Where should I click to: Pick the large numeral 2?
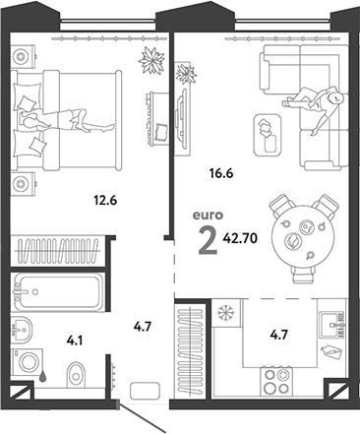click(x=207, y=238)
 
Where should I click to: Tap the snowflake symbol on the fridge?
click(x=224, y=313)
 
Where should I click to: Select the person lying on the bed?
click(x=66, y=118)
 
